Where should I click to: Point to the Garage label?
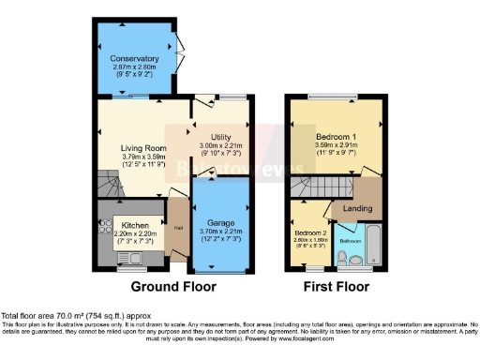tap(221, 224)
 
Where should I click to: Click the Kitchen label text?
tap(132, 226)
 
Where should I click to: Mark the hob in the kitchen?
tap(104, 228)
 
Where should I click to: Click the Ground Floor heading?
tap(172, 286)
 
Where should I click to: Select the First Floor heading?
tap(335, 286)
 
